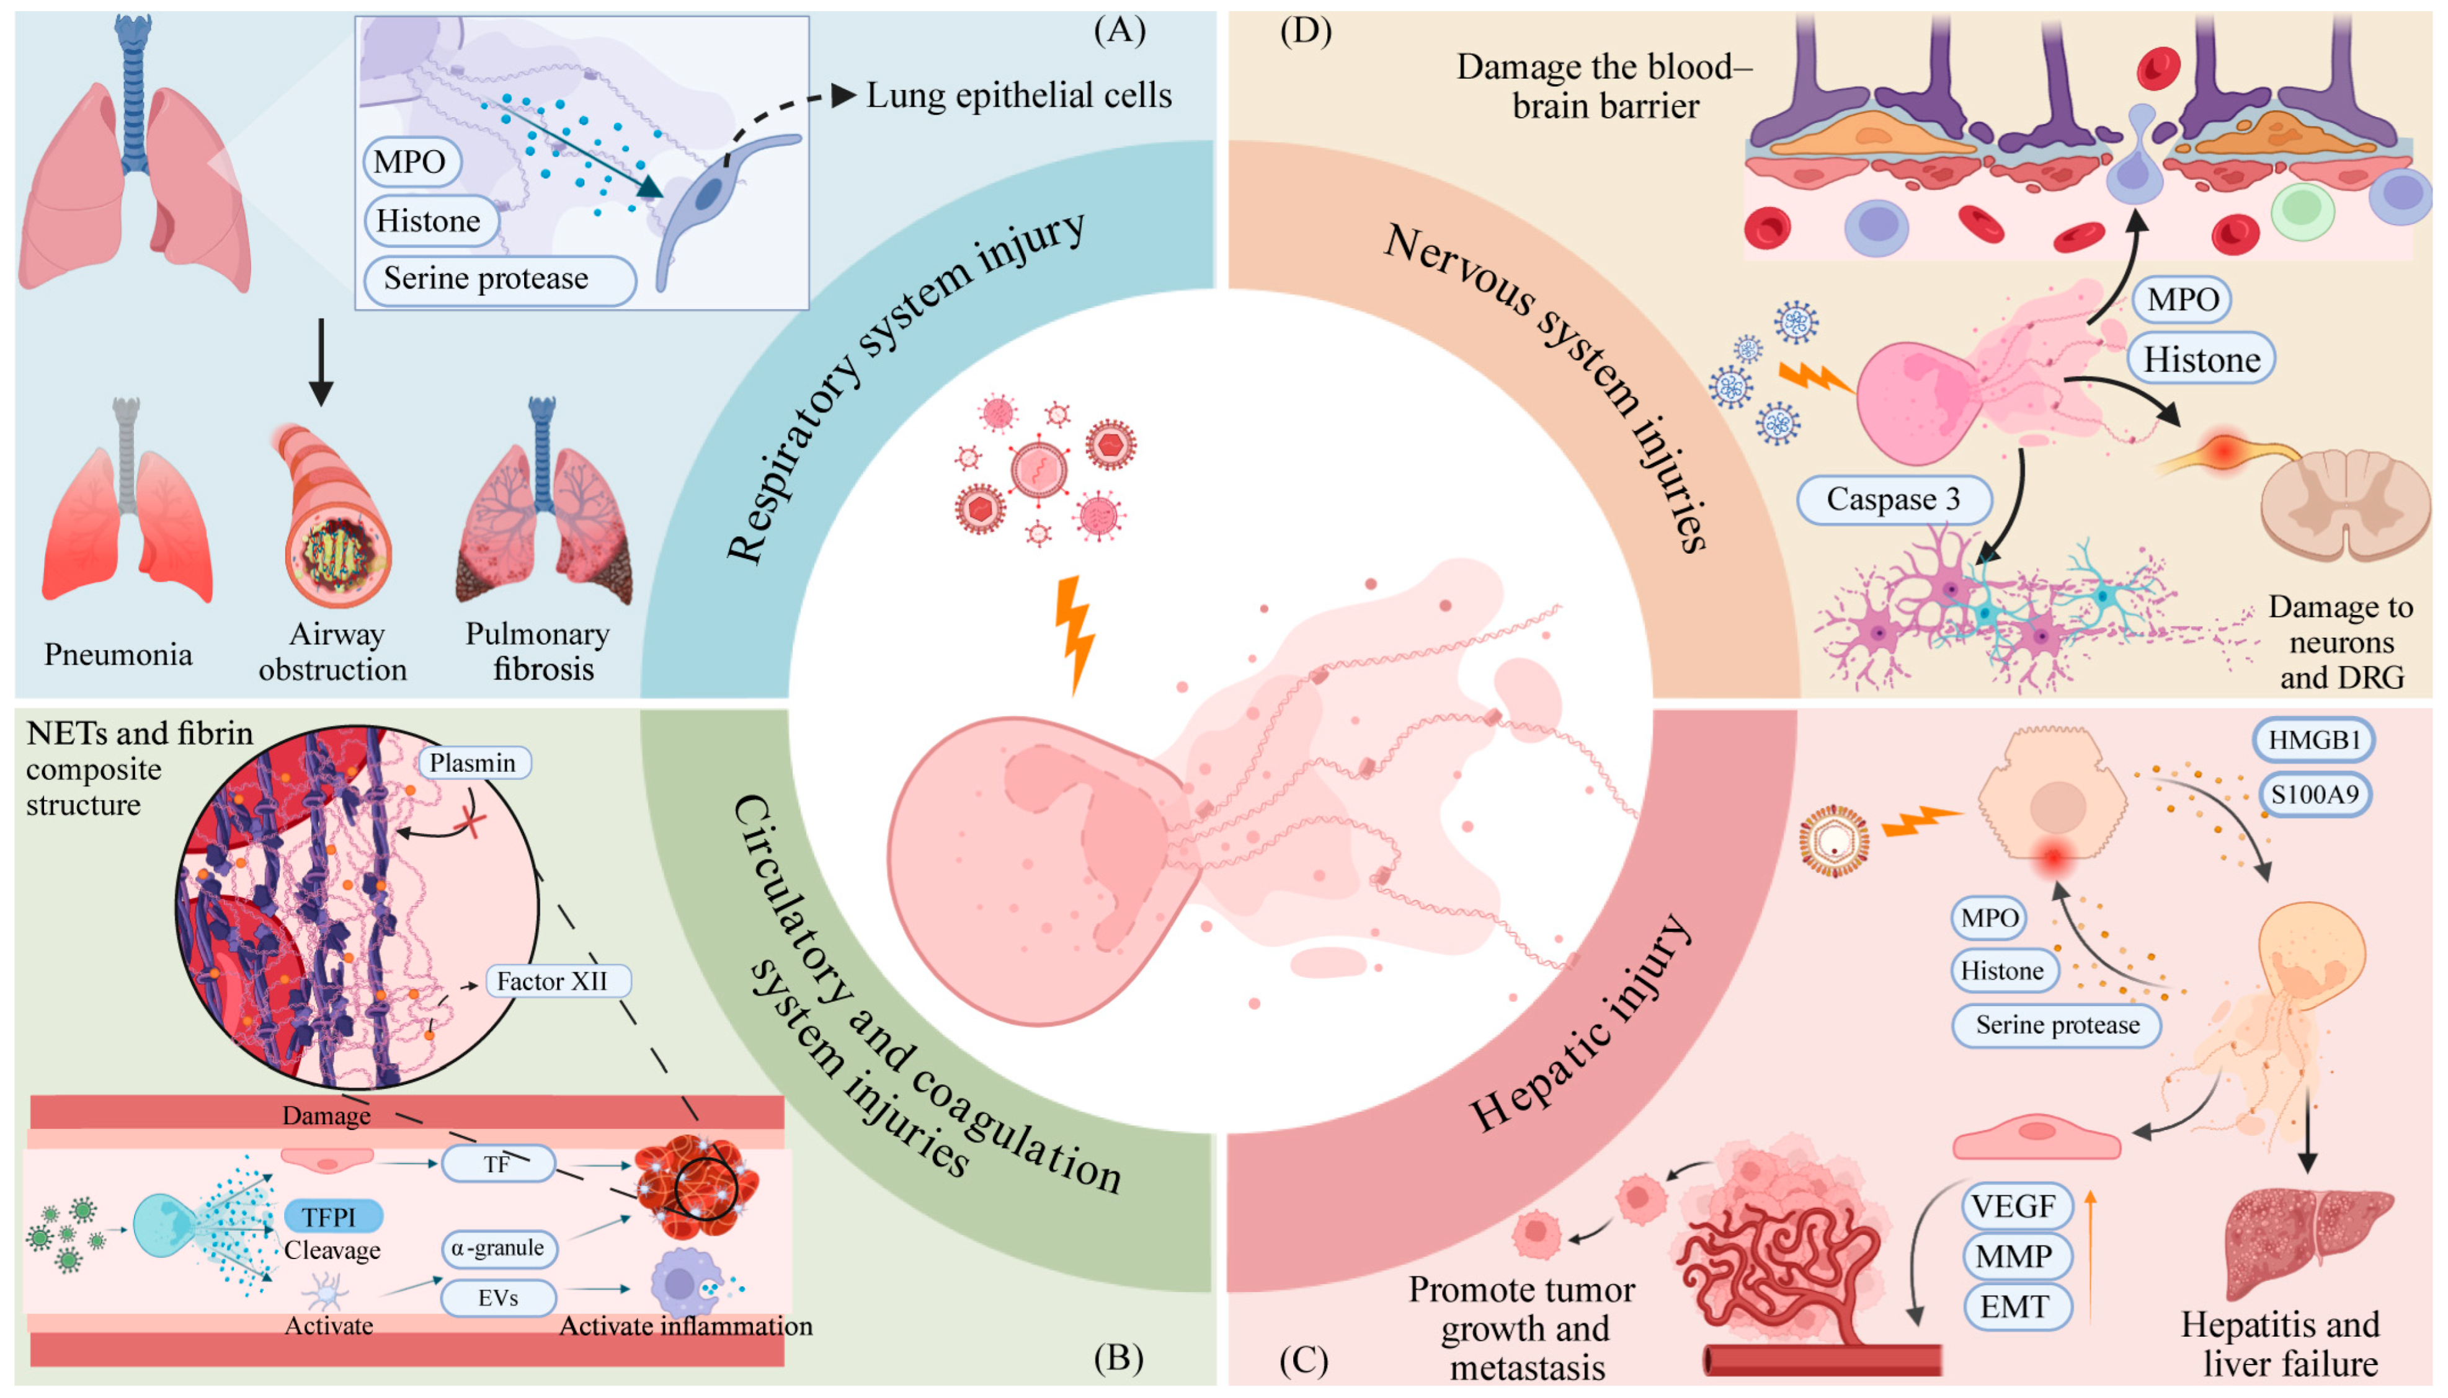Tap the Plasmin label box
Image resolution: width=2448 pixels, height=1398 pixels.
[473, 763]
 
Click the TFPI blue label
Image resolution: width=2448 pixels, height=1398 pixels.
[332, 1216]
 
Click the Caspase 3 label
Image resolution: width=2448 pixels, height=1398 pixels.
[1892, 499]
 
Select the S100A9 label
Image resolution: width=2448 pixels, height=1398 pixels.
[2313, 794]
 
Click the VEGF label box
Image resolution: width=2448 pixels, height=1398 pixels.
[2015, 1206]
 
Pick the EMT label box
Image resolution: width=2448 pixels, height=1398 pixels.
[2015, 1307]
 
